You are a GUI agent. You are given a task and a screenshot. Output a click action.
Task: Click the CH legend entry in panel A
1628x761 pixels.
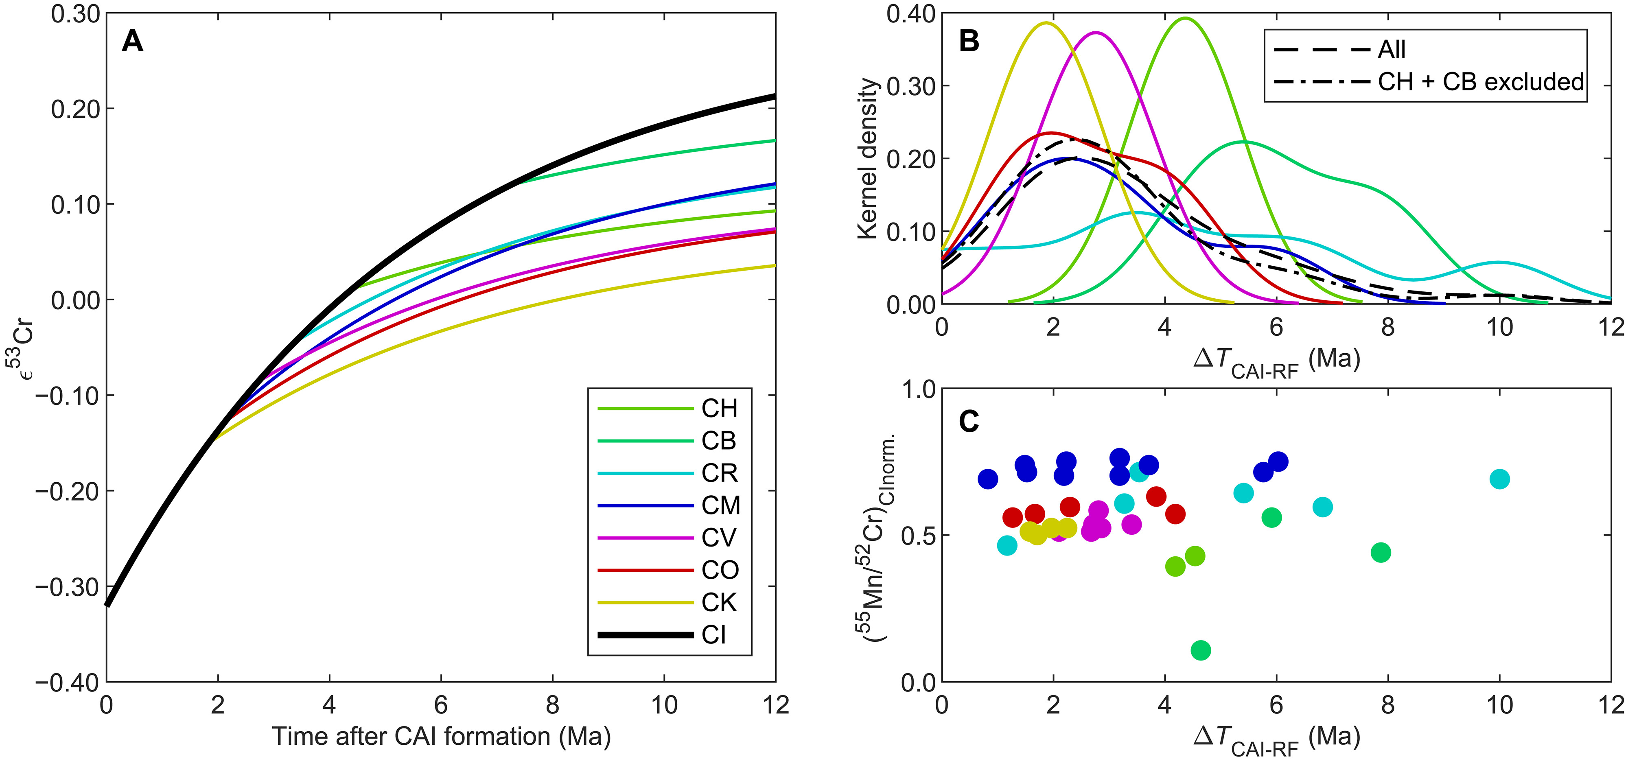pyautogui.click(x=719, y=409)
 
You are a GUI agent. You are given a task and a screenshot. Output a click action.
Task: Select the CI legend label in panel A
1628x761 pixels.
pyautogui.click(x=714, y=634)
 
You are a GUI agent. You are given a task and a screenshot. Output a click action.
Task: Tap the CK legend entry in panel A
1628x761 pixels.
pyautogui.click(x=719, y=602)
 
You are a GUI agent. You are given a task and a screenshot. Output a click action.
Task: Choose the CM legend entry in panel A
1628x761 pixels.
pyautogui.click(x=720, y=506)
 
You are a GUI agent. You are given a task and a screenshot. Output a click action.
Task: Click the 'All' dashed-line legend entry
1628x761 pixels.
pyautogui.click(x=1392, y=49)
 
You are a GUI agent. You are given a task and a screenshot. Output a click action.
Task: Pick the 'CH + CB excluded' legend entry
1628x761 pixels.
pyautogui.click(x=1481, y=81)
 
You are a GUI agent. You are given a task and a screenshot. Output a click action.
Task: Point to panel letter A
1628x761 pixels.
pyautogui.click(x=133, y=42)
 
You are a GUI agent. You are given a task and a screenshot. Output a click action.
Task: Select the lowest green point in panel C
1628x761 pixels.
pyautogui.click(x=1201, y=650)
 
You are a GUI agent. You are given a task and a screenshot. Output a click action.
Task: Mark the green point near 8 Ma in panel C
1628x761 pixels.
pyautogui.click(x=1381, y=552)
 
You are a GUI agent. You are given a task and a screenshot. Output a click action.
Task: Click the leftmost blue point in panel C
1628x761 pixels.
pyautogui.click(x=988, y=479)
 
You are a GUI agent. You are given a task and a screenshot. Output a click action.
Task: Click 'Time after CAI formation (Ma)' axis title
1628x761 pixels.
pyautogui.click(x=441, y=736)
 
